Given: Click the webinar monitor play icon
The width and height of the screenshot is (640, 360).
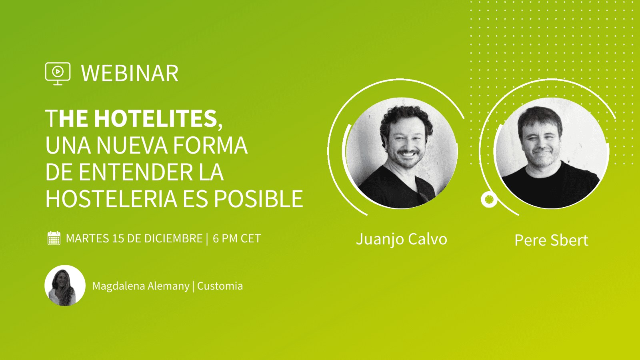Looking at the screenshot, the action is coord(58,74).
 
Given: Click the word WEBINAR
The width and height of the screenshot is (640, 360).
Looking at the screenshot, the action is coord(130,74).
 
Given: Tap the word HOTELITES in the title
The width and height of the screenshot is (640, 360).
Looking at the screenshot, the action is coord(156,118).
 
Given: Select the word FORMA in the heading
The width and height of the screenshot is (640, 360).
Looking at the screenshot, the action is coord(210,145).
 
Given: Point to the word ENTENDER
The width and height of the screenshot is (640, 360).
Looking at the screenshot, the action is coord(136,172).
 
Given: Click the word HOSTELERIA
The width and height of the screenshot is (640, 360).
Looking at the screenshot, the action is coord(111,199).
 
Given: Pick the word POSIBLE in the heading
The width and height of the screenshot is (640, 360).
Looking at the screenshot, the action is coord(258,199).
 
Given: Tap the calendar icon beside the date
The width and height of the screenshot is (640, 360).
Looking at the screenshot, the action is coord(54,238).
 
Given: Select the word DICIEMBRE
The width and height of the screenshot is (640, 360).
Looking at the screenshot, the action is coord(174,238).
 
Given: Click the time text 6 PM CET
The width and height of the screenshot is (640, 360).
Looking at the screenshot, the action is coord(236,238).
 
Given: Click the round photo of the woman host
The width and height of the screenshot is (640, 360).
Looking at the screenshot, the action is coord(65,286).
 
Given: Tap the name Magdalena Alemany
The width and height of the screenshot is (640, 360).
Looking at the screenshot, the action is coord(141,286).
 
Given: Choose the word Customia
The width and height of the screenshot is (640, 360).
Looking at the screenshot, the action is coord(220,286).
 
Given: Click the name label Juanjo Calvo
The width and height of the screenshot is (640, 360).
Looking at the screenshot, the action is coord(402,240).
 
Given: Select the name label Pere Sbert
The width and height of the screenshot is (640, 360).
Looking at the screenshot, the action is coord(551,240).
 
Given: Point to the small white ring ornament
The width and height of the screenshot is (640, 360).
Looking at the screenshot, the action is coord(489,200).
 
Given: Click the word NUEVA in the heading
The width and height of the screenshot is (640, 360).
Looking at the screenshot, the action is coord(132,145).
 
